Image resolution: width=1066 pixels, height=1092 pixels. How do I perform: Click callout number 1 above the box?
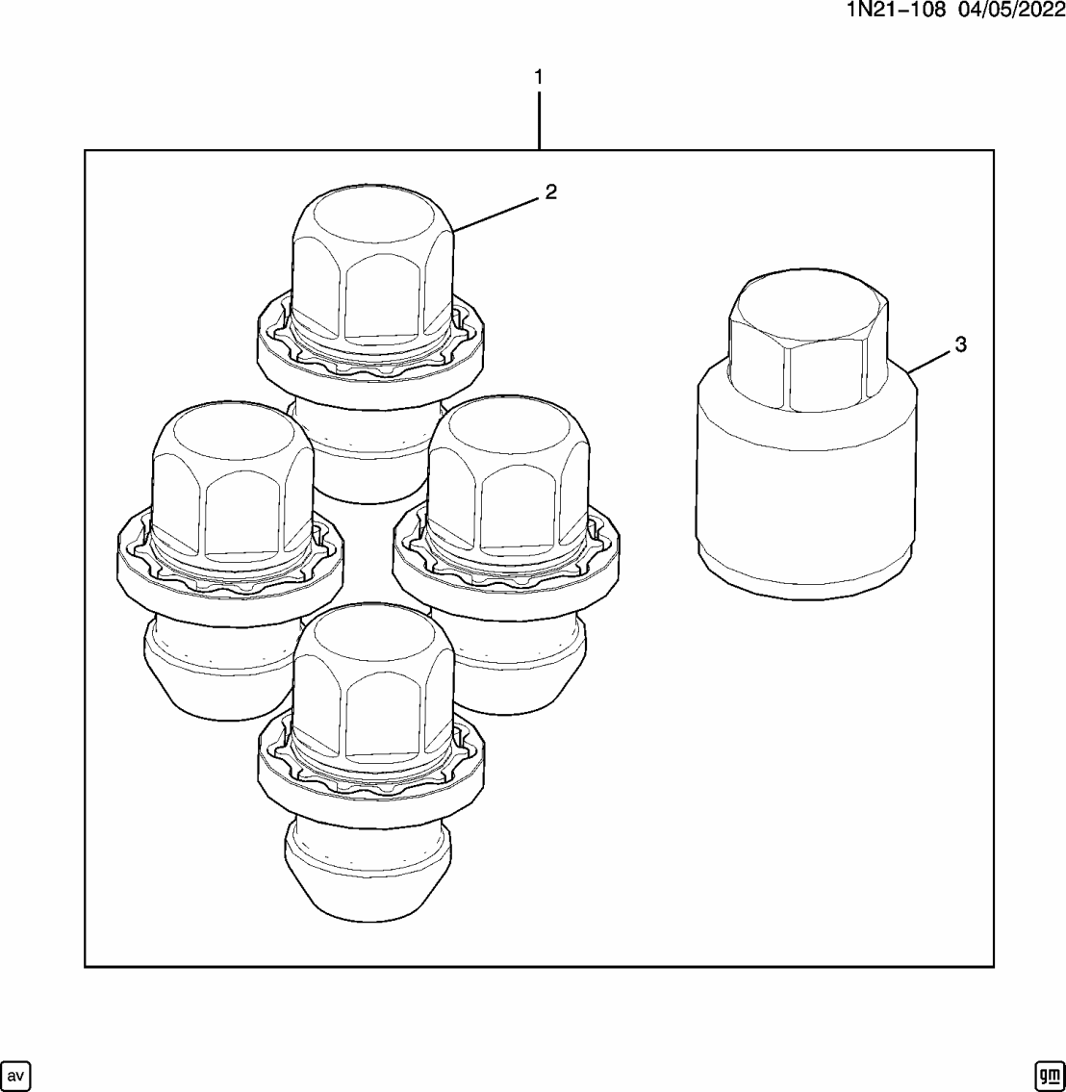539,77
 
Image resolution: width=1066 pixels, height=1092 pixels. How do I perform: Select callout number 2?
550,192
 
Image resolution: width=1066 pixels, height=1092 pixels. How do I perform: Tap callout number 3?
959,344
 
